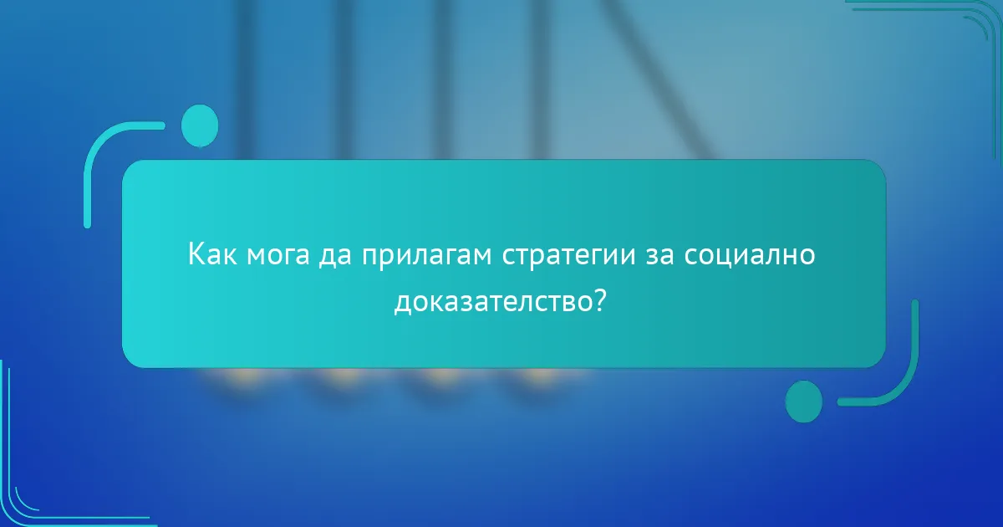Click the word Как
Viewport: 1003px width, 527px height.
213,254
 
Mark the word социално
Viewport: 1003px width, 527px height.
750,254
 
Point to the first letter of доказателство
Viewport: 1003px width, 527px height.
402,302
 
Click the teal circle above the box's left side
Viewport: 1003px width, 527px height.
200,125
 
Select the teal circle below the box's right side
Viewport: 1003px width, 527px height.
804,401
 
